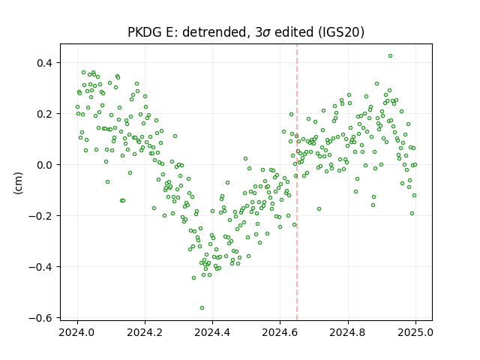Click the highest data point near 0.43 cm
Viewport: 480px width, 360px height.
tap(390, 56)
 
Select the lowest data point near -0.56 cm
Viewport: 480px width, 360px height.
tap(202, 308)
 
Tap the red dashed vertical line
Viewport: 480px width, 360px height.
tap(297, 182)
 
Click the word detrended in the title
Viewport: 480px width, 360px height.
tap(214, 32)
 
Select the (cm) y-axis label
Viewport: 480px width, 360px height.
tap(18, 183)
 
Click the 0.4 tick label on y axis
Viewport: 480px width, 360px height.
tap(45, 63)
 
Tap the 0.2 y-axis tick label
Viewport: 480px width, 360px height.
tap(45, 114)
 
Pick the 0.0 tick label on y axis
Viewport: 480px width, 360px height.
tap(45, 165)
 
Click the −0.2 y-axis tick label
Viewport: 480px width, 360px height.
tap(40, 216)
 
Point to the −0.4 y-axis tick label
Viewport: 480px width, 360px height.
tap(40, 267)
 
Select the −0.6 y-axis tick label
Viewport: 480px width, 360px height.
tap(40, 318)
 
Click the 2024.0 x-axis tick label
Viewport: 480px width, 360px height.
tap(77, 332)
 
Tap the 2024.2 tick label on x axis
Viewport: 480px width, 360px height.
tap(145, 332)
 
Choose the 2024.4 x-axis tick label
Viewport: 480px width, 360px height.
tap(212, 332)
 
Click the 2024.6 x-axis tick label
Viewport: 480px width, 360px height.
tap(280, 332)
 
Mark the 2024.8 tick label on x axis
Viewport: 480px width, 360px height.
tap(348, 332)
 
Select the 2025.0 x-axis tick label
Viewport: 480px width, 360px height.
tap(415, 332)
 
